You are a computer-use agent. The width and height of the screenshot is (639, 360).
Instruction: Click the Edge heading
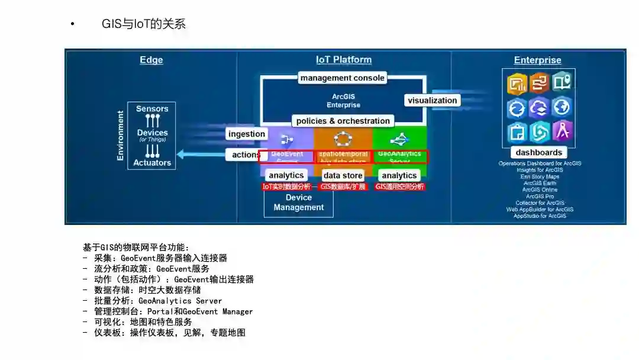(151, 60)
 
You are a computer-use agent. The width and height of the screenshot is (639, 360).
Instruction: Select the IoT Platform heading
(344, 60)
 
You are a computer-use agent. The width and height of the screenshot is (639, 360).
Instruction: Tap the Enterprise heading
(537, 60)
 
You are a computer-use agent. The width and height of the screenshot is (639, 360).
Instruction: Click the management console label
(343, 78)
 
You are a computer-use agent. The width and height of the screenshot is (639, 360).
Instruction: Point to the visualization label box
(433, 101)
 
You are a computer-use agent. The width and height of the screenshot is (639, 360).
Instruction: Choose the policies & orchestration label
(343, 121)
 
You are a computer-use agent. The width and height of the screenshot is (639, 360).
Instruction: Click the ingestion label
(247, 134)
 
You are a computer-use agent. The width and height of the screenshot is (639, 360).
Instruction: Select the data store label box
(343, 175)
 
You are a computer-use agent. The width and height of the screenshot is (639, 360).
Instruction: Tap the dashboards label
(539, 152)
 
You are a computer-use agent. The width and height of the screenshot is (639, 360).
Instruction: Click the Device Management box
(299, 202)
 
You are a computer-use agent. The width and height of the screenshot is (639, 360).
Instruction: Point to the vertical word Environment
(121, 136)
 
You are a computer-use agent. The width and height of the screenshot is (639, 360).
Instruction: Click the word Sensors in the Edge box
(152, 109)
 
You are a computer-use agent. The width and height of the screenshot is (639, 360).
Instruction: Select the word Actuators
(152, 163)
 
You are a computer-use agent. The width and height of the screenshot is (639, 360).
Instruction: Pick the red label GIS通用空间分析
(400, 187)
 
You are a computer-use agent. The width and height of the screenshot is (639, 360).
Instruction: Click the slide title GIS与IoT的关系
(144, 24)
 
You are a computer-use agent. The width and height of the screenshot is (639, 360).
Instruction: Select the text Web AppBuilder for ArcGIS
(540, 209)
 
